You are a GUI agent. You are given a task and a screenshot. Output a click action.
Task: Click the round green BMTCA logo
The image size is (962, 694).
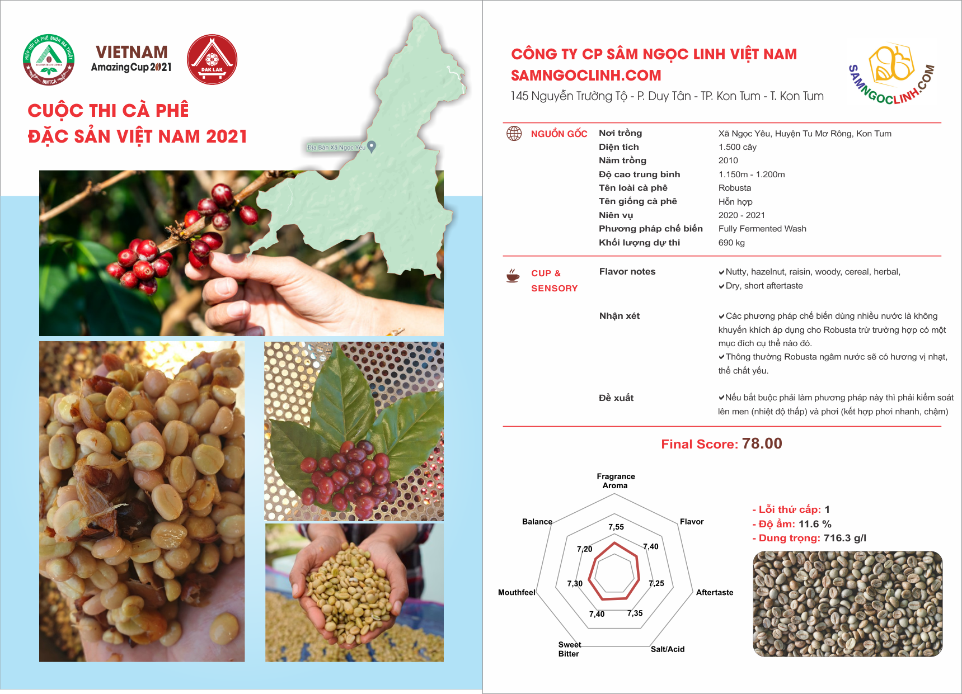click(49, 59)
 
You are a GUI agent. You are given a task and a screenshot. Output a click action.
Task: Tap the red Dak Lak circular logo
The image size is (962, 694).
click(212, 59)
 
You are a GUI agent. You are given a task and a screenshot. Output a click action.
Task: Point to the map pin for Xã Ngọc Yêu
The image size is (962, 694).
click(371, 147)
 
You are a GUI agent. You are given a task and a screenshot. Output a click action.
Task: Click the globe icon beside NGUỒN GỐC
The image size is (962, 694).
click(514, 133)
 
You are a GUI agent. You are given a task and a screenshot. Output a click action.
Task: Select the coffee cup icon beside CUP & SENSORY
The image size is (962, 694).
click(513, 275)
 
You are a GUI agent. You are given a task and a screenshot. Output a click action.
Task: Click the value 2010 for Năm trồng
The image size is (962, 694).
click(728, 160)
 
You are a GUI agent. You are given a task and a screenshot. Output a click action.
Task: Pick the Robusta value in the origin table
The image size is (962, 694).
click(735, 188)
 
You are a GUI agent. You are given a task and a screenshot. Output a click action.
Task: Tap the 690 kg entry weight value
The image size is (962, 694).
click(731, 243)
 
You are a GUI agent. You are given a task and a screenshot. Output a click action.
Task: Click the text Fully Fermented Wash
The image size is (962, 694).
click(762, 229)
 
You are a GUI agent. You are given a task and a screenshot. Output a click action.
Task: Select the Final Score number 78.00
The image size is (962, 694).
click(762, 443)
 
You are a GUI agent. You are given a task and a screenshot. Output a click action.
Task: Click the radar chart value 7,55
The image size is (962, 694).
click(616, 527)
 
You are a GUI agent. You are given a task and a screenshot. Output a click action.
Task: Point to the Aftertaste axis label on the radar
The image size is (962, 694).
click(715, 592)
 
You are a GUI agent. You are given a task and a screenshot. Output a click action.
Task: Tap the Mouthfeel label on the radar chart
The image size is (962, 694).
click(517, 592)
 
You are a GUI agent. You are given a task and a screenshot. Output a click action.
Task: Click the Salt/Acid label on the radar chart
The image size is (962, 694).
click(668, 649)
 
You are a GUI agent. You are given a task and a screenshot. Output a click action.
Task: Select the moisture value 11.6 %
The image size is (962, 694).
click(815, 524)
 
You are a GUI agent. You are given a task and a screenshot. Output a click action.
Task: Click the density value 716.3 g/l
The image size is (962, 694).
click(845, 538)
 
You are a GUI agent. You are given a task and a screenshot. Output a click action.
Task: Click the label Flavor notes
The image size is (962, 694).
click(627, 271)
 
